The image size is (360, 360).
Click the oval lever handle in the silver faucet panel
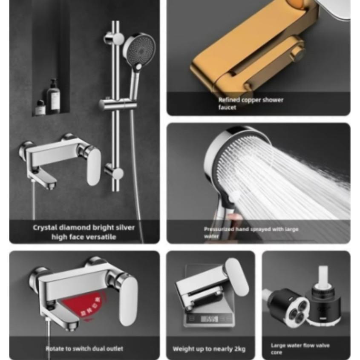pos(93,167)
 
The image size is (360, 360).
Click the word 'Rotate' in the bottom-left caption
pos(55,348)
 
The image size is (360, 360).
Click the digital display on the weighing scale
pos(209,319)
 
